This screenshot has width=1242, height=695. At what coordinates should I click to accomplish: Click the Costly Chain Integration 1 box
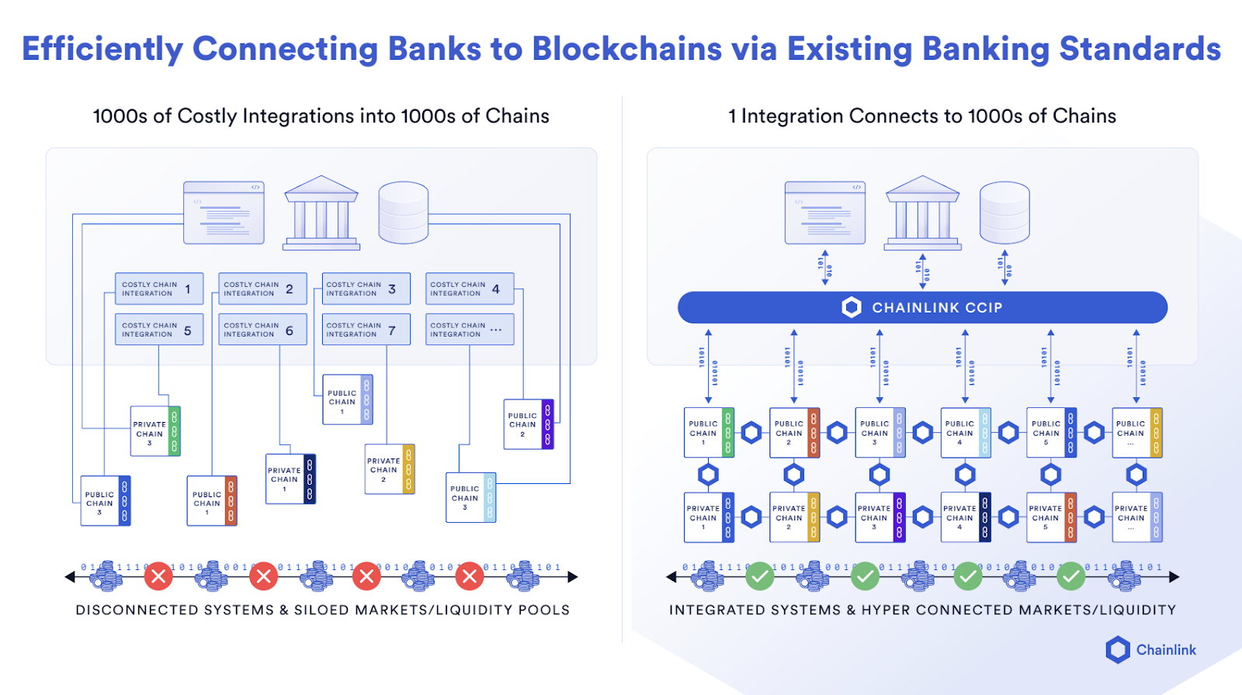[x=158, y=289]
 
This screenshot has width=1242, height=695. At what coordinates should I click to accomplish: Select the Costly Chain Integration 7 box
[x=366, y=330]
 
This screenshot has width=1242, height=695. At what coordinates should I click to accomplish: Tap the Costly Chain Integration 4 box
[x=469, y=289]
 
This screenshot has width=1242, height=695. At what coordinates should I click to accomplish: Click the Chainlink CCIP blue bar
[x=922, y=307]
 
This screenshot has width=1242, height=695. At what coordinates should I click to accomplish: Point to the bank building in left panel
[x=321, y=213]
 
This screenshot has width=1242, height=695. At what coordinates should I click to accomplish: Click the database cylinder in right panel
[x=1004, y=213]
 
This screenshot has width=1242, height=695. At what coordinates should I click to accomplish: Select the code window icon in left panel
[x=224, y=213]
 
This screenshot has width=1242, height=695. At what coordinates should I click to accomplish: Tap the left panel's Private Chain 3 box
[x=155, y=430]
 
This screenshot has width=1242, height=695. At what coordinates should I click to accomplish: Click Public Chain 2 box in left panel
[x=529, y=424]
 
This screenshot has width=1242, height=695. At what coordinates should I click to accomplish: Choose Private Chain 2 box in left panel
[x=390, y=469]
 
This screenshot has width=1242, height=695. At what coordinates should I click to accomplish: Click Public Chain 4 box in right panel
[x=965, y=432]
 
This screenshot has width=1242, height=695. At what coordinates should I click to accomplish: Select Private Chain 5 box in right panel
[x=1051, y=517]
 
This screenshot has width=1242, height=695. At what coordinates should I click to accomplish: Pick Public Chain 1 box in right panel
[x=709, y=432]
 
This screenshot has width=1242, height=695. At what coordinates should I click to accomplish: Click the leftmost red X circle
[x=158, y=576]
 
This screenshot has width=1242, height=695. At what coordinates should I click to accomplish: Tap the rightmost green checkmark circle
[x=1071, y=576]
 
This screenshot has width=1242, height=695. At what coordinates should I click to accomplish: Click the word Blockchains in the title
[x=626, y=48]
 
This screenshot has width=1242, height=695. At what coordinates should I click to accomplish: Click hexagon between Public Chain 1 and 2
[x=751, y=432]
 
